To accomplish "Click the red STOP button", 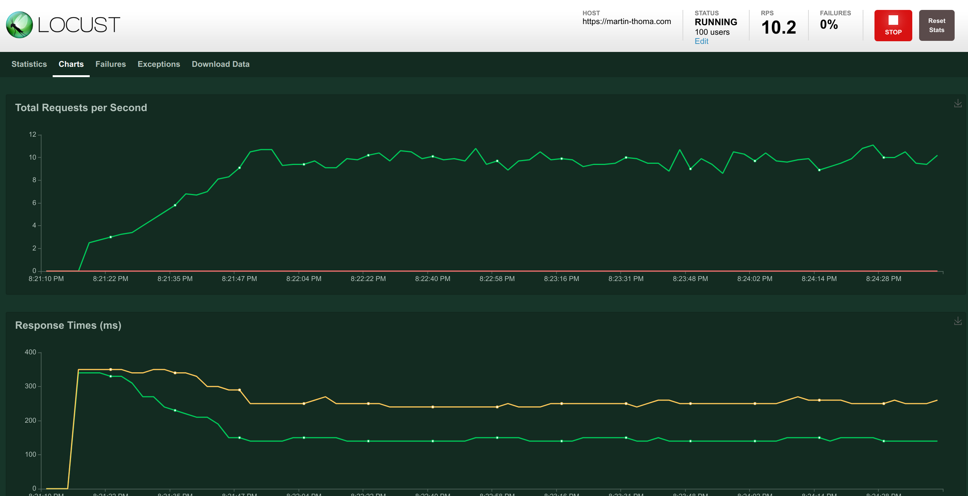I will [893, 26].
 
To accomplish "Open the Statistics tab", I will [29, 64].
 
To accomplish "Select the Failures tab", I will [110, 64].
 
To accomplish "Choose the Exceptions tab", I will [159, 64].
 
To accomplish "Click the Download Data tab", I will [221, 64].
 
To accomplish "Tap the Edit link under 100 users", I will [701, 42].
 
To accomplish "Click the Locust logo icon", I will [19, 25].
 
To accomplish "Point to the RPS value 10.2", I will [778, 27].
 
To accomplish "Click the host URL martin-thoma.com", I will [626, 22].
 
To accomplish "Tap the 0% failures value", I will [829, 25].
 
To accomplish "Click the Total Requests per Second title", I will [81, 108].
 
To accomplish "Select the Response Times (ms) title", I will [68, 325].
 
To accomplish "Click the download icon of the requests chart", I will [958, 103].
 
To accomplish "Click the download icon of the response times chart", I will [958, 321].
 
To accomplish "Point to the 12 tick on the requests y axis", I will [32, 134].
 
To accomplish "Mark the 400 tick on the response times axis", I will [30, 352].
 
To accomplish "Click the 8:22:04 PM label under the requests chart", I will [303, 279].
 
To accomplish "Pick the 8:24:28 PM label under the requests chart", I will [883, 279].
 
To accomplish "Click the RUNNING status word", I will [716, 22].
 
